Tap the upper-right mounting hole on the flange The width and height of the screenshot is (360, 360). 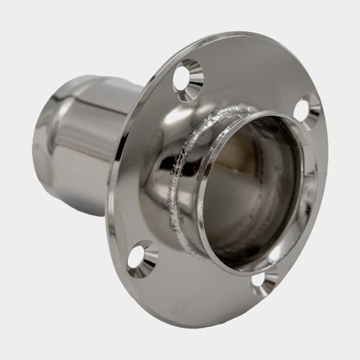point(309,108)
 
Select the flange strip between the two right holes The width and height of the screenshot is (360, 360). point(309,201)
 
